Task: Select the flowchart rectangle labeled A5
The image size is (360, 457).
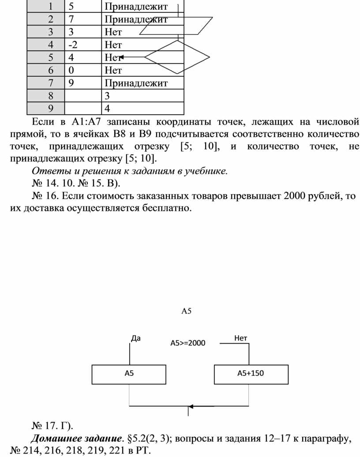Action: tap(129, 374)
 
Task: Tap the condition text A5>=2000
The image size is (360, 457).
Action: tap(187, 343)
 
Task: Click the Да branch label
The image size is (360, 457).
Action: tap(136, 338)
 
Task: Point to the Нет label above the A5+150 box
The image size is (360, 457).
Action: tap(240, 338)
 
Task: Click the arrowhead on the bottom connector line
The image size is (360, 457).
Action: tap(191, 406)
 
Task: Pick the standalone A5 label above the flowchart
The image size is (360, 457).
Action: tap(187, 311)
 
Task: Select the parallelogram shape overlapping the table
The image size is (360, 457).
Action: tap(176, 26)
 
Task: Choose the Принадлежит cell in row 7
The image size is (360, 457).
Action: tap(136, 82)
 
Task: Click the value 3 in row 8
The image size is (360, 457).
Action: tap(107, 95)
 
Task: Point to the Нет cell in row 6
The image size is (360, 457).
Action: tap(113, 70)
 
